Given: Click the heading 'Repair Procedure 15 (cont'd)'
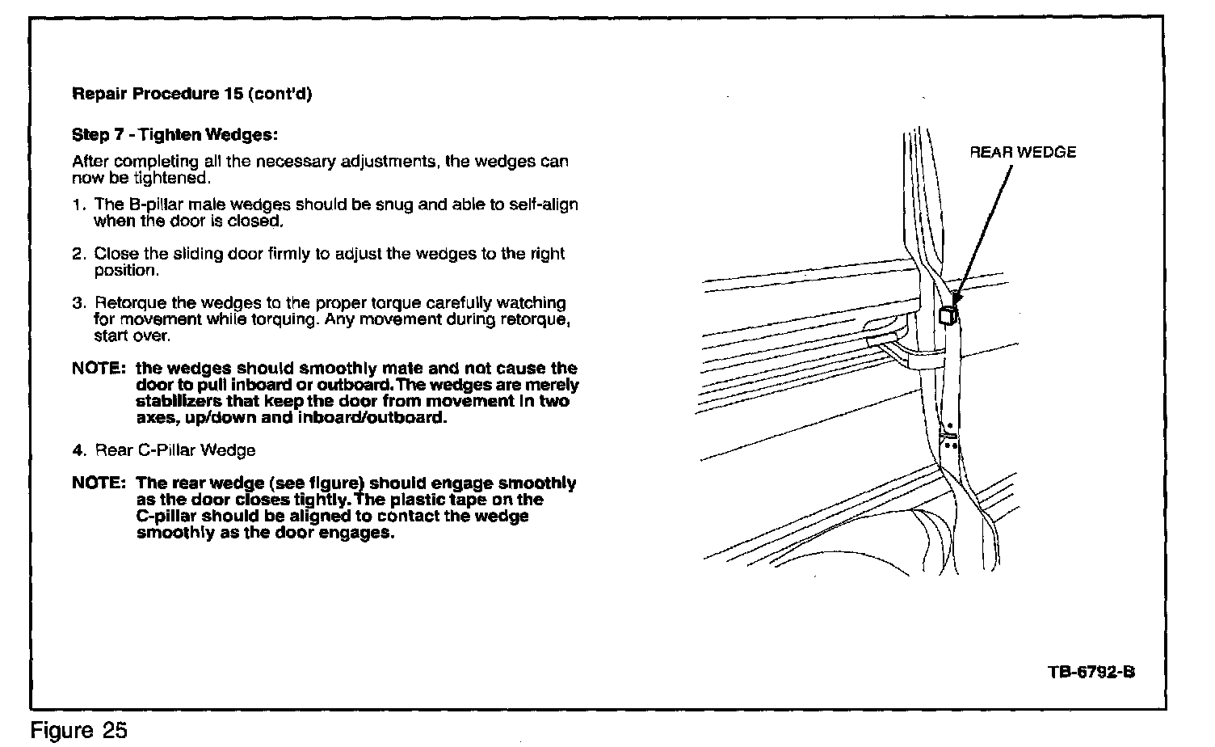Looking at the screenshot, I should (x=192, y=93).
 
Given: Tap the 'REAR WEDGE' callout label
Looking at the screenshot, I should (x=1023, y=153).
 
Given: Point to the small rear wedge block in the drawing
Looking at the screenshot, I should (x=949, y=314).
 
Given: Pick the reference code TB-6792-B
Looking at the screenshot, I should (x=1092, y=673).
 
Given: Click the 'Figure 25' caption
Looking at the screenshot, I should (x=78, y=731).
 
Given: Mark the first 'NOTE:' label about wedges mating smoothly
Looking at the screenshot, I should (x=98, y=369).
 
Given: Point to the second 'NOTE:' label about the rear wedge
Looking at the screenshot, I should (x=98, y=483).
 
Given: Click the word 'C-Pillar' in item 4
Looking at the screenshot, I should (x=164, y=450).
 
